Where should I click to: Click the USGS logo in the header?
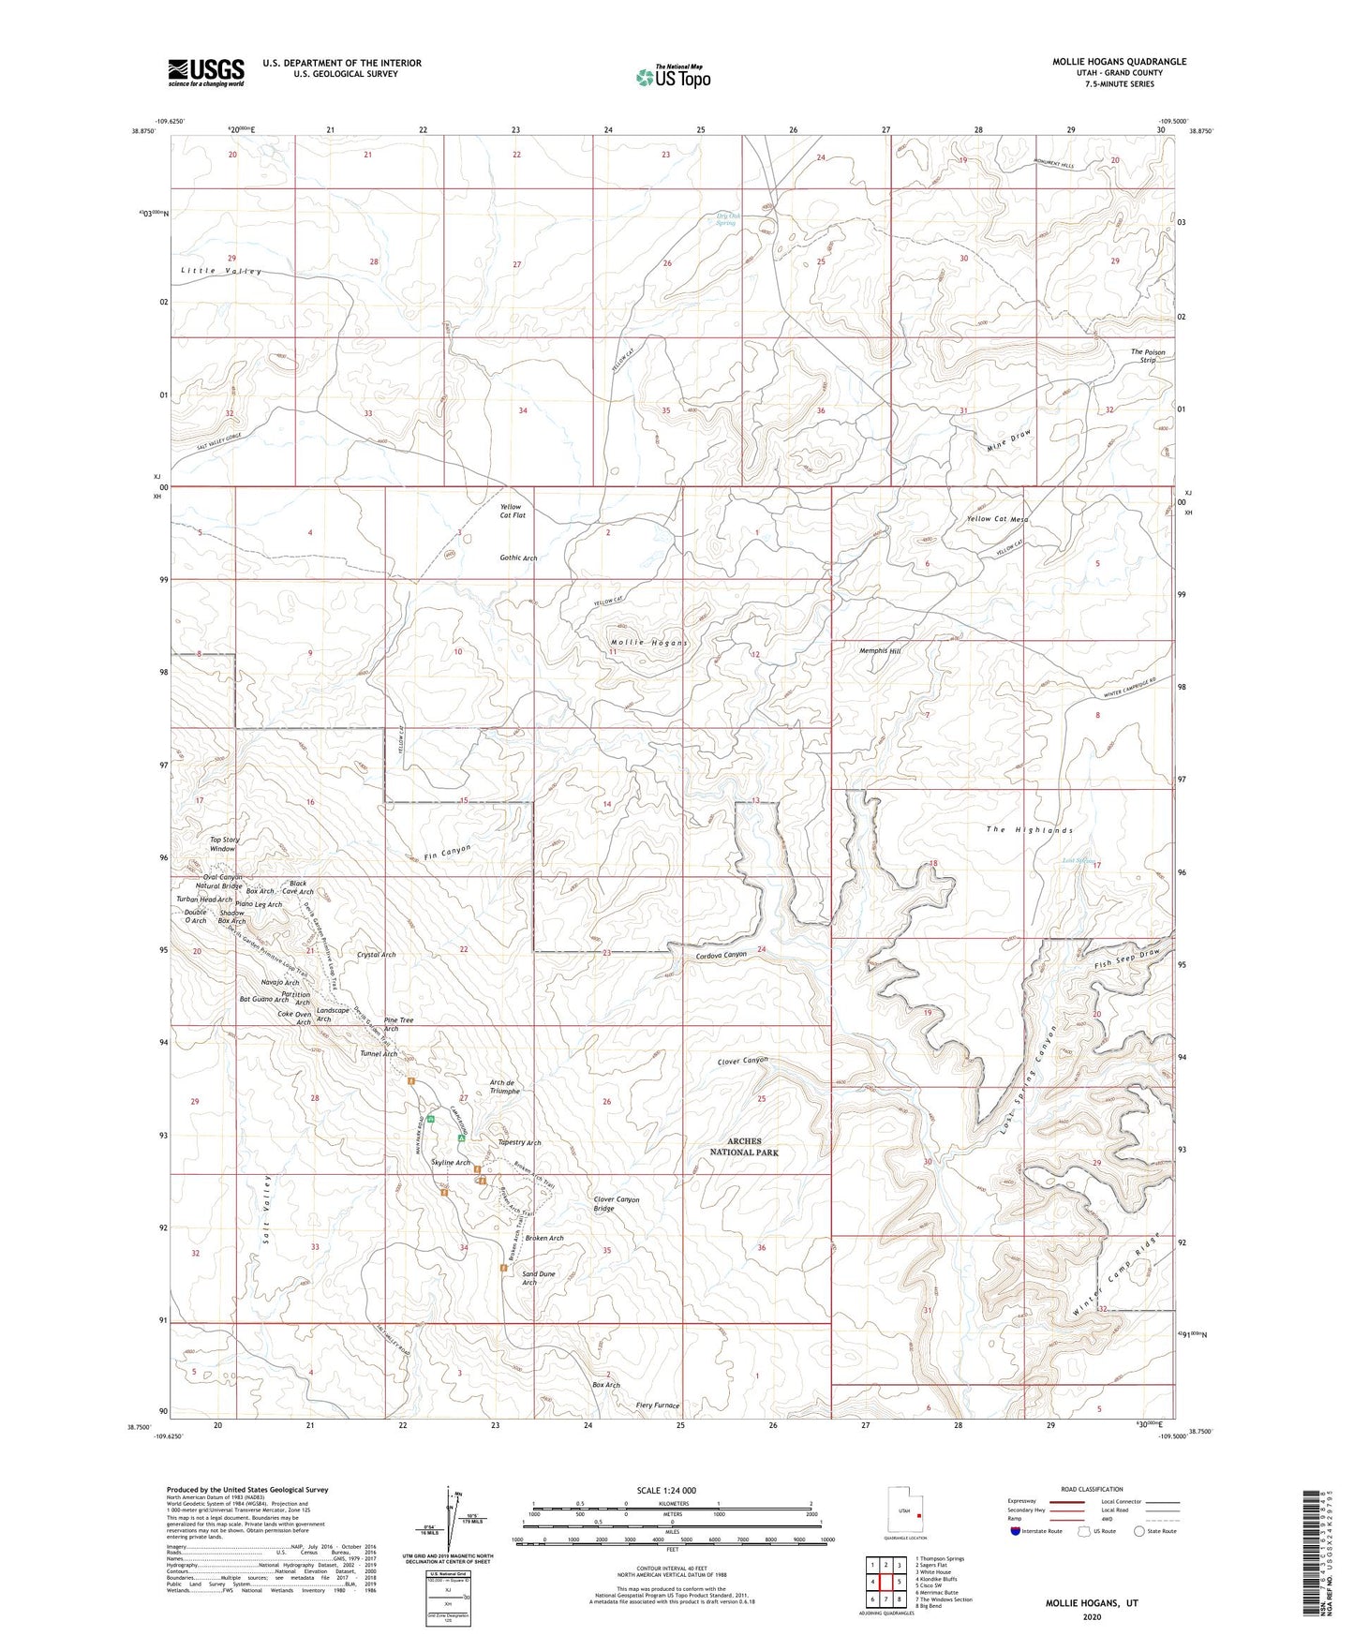pyautogui.click(x=205, y=72)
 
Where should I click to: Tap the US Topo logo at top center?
pyautogui.click(x=673, y=77)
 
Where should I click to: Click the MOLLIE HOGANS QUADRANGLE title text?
pyautogui.click(x=1119, y=62)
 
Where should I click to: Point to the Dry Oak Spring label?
pyautogui.click(x=727, y=219)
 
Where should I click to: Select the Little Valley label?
pyautogui.click(x=221, y=271)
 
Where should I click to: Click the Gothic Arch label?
pyautogui.click(x=518, y=558)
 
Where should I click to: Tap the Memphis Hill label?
pyautogui.click(x=880, y=650)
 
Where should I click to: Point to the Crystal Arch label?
pyautogui.click(x=376, y=955)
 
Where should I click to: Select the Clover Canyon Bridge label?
pyautogui.click(x=616, y=1204)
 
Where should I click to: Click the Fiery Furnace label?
pyautogui.click(x=657, y=1405)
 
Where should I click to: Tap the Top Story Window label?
pyautogui.click(x=225, y=843)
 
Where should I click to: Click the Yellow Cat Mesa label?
pyautogui.click(x=997, y=519)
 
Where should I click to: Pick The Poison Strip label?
pyautogui.click(x=1148, y=356)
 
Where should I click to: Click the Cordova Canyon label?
pyautogui.click(x=721, y=955)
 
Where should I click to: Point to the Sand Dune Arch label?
pyautogui.click(x=538, y=1278)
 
